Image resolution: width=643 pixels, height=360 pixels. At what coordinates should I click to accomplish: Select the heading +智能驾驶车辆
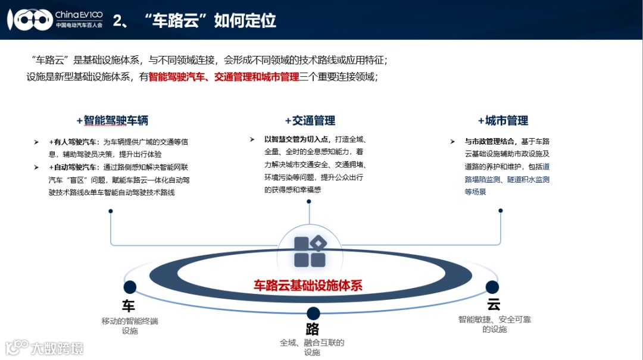point(112,121)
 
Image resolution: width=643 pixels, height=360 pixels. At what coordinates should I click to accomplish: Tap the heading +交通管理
point(310,121)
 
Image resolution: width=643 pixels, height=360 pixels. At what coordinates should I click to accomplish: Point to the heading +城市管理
point(502,121)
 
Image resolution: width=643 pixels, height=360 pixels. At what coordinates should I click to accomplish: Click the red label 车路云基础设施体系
point(308,285)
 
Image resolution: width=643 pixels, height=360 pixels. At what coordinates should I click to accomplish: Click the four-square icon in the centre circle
point(310,251)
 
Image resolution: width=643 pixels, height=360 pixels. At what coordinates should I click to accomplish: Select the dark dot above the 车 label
point(130,287)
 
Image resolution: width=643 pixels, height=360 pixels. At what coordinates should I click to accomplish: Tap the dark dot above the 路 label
point(313,314)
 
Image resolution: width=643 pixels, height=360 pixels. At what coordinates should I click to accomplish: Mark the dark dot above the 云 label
point(492,287)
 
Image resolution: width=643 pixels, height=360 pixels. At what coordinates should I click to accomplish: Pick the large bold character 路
point(313,329)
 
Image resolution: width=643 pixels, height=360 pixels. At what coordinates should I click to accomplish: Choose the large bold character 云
point(494,305)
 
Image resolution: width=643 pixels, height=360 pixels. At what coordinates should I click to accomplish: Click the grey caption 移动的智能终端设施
point(130,325)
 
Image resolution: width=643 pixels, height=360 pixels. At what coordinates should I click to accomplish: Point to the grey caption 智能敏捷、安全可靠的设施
point(494,324)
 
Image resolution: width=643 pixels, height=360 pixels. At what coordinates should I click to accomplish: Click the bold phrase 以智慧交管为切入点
point(296,139)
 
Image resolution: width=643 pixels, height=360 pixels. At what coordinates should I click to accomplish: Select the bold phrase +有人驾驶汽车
point(74,142)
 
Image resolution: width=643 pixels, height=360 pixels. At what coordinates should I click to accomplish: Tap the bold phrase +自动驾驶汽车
point(74,167)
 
